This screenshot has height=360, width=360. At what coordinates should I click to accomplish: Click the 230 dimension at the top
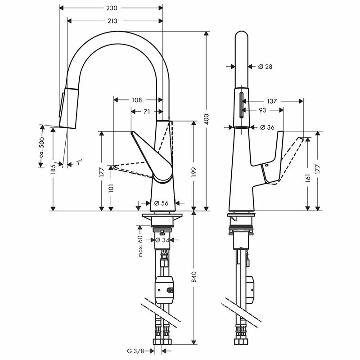(112, 8)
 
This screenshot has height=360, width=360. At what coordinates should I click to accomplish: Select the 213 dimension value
(112, 21)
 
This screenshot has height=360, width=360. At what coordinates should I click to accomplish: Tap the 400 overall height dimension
(207, 120)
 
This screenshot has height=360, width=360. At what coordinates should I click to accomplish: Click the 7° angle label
(79, 163)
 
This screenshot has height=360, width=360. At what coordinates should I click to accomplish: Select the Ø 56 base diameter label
(161, 203)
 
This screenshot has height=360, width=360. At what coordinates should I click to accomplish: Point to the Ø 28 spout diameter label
(265, 67)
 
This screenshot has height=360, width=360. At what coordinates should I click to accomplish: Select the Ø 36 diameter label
(267, 127)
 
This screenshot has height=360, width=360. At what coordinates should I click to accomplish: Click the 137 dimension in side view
(272, 101)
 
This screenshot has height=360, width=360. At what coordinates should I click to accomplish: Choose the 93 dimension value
(261, 110)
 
